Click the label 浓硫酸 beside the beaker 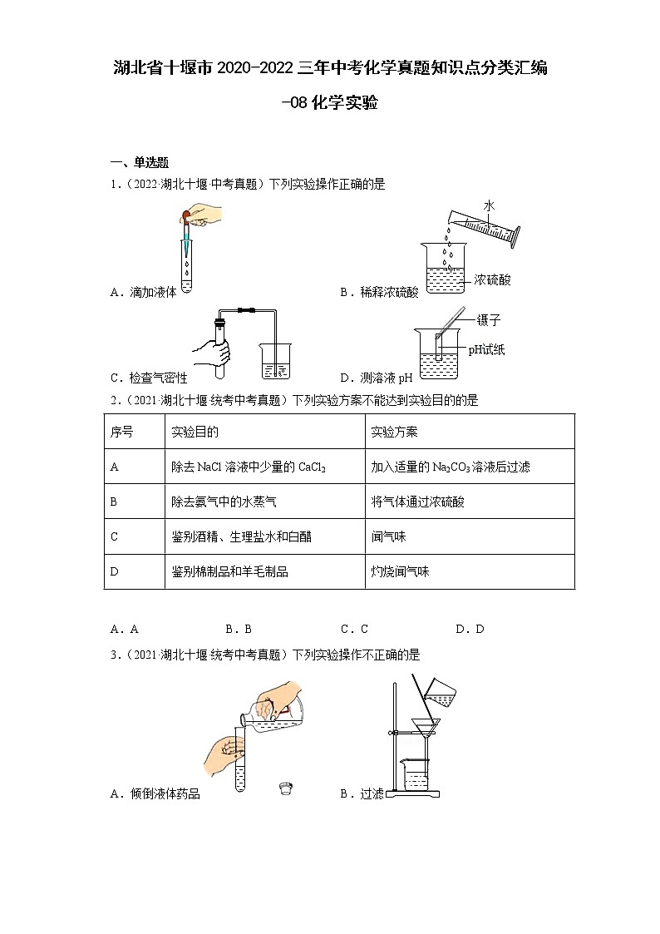click(x=492, y=280)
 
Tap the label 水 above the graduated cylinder click(x=489, y=205)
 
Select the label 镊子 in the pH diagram click(x=489, y=320)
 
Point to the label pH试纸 click(x=486, y=349)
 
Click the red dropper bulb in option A click(x=186, y=218)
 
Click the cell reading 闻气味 click(x=388, y=536)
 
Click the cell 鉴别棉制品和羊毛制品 click(x=229, y=571)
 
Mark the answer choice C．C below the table click(x=354, y=630)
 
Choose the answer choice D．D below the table click(x=470, y=630)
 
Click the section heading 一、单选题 click(x=140, y=162)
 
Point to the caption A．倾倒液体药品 click(x=155, y=794)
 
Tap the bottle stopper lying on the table click(x=286, y=785)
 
